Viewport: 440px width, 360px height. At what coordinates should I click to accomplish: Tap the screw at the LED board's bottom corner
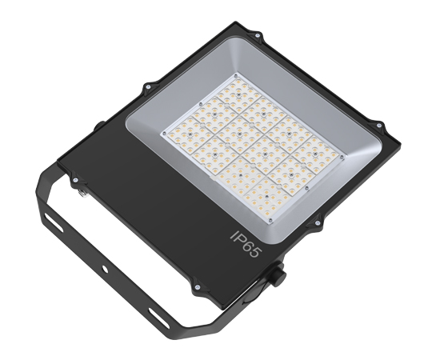pyautogui.click(x=270, y=221)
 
